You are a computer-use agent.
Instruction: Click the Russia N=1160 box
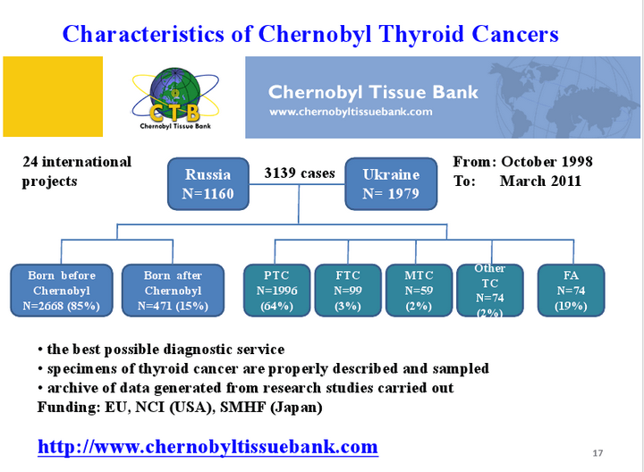tap(208, 184)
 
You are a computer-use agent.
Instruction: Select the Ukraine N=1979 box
tap(391, 184)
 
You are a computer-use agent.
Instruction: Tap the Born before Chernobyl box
tap(62, 291)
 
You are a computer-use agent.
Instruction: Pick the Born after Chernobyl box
tap(173, 291)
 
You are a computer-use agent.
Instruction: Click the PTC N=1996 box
tap(276, 291)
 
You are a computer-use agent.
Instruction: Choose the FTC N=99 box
tap(348, 291)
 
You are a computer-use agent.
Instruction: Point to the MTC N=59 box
tap(419, 291)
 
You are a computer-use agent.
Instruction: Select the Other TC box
tap(490, 291)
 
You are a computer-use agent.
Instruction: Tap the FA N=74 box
tap(571, 291)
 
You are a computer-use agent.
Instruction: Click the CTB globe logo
tap(175, 98)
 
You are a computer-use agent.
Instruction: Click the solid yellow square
tap(53, 97)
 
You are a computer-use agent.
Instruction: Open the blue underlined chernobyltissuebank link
tap(208, 447)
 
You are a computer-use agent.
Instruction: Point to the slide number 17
tap(597, 453)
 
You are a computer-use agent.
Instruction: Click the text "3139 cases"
tap(300, 173)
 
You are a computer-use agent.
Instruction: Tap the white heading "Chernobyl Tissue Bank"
tap(373, 92)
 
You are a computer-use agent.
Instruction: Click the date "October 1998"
tap(547, 162)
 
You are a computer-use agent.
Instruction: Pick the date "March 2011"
tap(540, 181)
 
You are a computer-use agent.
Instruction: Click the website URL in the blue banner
tap(351, 112)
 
